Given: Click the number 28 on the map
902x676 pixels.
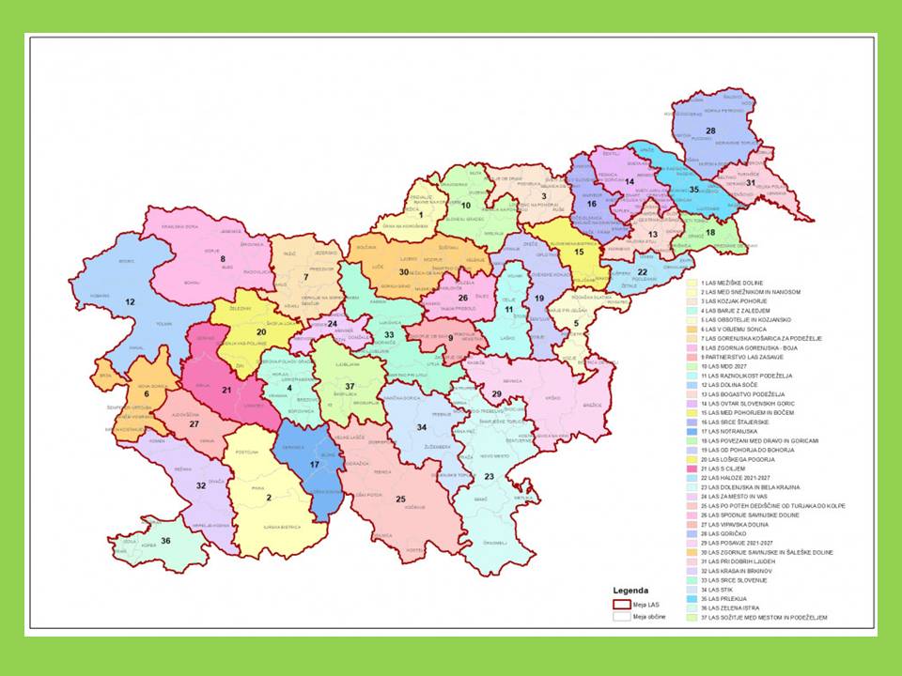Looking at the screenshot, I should click(x=710, y=131).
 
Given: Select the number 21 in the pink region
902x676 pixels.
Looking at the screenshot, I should click(x=225, y=390).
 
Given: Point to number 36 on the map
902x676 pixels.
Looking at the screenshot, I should click(x=165, y=540).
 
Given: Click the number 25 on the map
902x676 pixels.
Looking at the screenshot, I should click(x=400, y=499).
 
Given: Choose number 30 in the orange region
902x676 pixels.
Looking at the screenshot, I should click(x=404, y=271).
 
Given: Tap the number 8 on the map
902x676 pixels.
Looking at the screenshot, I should click(x=223, y=258).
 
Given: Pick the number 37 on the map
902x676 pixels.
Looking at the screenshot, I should click(x=350, y=386).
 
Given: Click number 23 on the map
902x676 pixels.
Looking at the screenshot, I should click(x=489, y=476).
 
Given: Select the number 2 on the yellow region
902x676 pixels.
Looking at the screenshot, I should click(x=269, y=498).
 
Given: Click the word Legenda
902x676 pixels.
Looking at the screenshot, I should click(x=631, y=591).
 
